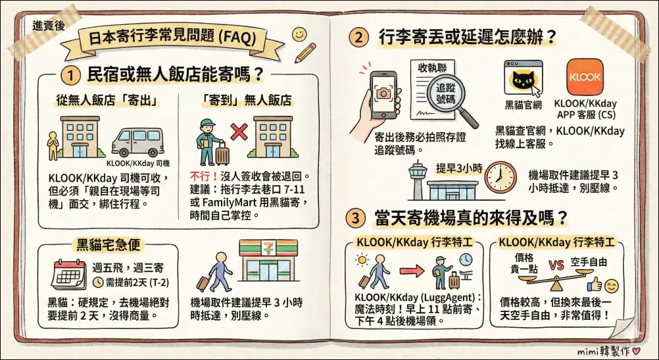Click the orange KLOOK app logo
585,77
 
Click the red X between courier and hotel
239,132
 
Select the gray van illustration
137,142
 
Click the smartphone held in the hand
383,95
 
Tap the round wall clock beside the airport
500,178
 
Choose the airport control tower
418,180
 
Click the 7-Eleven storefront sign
268,247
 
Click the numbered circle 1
70,76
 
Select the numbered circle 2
358,38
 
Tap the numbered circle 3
356,219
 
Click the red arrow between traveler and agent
412,271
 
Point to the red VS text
556,265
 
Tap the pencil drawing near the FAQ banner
306,52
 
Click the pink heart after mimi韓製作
636,350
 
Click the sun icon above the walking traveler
362,260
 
